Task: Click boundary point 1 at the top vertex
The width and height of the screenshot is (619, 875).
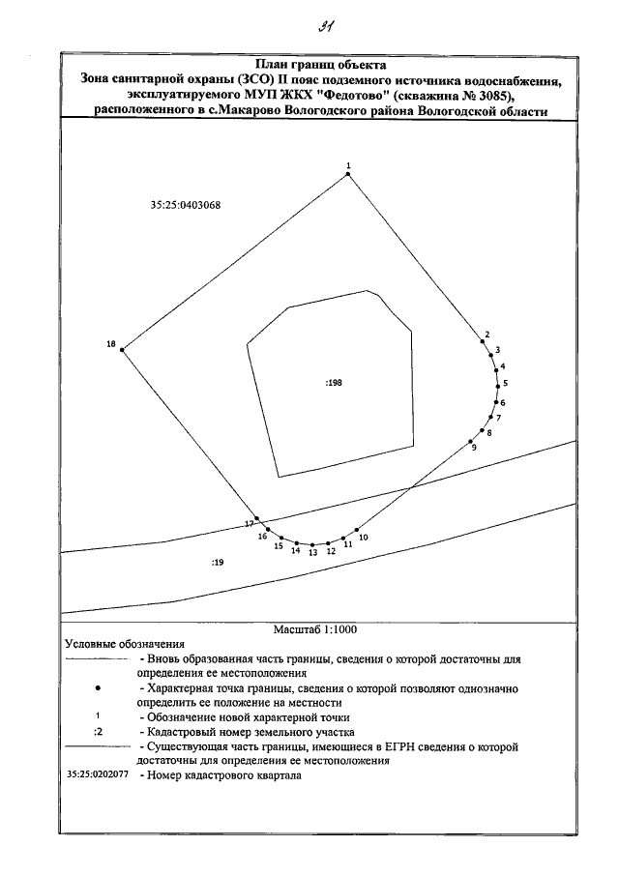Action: [347, 175]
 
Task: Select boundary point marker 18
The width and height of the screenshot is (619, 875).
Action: [122, 350]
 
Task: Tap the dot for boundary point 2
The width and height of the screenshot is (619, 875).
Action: [482, 340]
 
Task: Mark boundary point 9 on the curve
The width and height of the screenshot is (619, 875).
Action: [470, 437]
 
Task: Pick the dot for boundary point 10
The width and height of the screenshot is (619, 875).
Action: [358, 530]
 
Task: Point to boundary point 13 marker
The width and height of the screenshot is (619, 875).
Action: [312, 544]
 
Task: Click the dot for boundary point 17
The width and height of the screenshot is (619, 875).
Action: [256, 518]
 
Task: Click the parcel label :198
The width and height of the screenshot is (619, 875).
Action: [334, 383]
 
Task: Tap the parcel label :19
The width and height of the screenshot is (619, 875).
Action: [217, 562]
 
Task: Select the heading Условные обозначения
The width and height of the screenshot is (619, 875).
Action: [124, 644]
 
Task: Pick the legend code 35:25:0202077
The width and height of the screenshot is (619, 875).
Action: [98, 775]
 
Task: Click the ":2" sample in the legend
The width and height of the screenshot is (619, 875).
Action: [98, 731]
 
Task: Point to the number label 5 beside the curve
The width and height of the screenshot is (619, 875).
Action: [506, 384]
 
